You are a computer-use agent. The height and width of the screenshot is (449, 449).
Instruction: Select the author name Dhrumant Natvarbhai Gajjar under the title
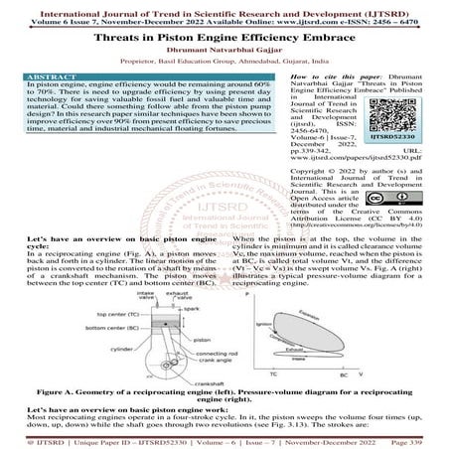point(224,46)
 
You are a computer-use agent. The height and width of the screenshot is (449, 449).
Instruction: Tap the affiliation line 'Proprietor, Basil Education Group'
point(224,60)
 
